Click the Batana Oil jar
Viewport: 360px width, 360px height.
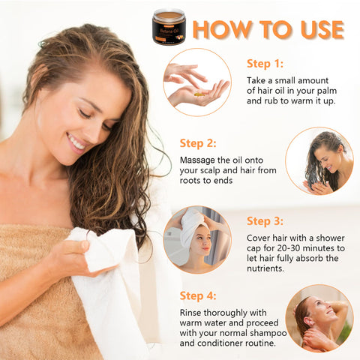169,26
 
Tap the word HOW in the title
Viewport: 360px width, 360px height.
222,29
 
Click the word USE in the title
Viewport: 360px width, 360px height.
322,29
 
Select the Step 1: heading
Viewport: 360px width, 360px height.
265,64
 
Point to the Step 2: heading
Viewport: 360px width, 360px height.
198,143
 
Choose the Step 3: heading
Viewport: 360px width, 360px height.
265,221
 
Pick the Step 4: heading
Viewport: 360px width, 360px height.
198,295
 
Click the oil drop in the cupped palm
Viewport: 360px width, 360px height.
199,94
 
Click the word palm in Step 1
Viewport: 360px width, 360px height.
327,91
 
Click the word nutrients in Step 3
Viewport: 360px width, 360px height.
265,268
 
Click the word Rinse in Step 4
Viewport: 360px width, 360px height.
190,313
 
